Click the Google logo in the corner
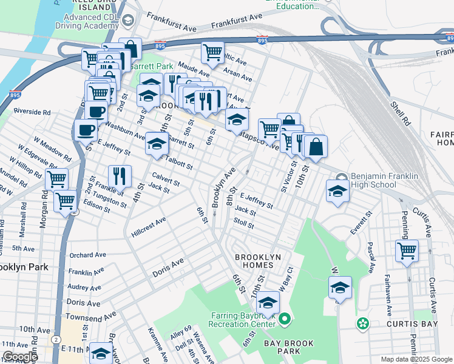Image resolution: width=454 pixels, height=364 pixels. [20, 357]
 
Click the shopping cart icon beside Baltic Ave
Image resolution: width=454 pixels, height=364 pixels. [212, 52]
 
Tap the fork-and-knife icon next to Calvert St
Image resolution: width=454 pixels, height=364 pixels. [120, 176]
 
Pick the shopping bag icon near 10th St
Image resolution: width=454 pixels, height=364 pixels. [316, 146]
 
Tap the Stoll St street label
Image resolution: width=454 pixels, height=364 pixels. [243, 224]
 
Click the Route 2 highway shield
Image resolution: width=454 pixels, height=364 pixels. [56, 339]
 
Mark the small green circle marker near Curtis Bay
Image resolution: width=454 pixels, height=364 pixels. [363, 323]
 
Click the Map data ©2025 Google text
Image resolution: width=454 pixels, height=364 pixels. [416, 359]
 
